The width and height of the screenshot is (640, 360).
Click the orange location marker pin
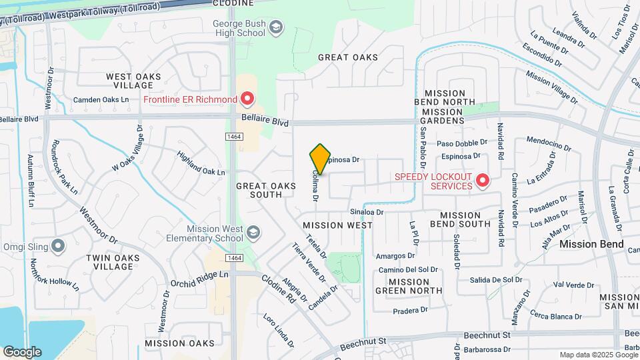point(320,159)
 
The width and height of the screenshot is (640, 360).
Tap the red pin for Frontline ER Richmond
point(247,100)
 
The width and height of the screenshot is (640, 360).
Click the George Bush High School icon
point(276,27)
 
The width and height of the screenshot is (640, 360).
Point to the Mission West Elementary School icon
point(253,233)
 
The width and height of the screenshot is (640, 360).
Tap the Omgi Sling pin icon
point(59,247)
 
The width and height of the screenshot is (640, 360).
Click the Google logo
point(22,352)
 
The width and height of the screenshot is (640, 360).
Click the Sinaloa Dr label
point(367,212)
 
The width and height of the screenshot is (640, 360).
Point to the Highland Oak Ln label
point(201,163)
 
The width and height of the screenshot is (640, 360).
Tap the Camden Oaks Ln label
point(101,100)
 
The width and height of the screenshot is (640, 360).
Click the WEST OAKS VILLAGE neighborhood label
point(133,81)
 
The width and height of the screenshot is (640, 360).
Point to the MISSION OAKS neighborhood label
point(179,343)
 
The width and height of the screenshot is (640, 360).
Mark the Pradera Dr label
point(410,310)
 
